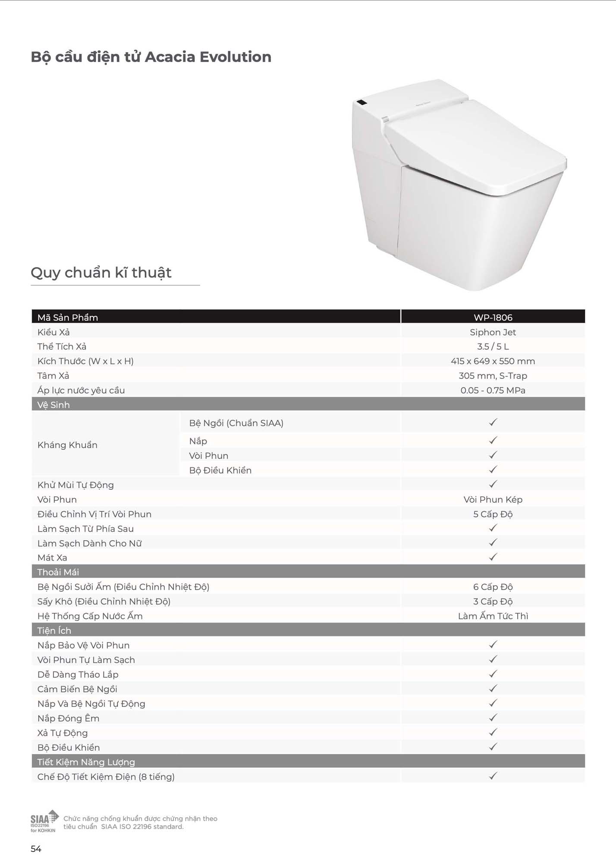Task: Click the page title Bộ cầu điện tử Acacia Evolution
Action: (151, 57)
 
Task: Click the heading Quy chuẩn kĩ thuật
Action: (101, 273)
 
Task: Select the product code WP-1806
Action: (493, 318)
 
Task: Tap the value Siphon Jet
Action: (493, 332)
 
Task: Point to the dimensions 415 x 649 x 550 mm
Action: (493, 361)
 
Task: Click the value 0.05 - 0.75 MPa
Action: (493, 391)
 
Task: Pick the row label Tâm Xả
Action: (53, 376)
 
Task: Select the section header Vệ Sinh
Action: (53, 405)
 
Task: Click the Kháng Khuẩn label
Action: (67, 445)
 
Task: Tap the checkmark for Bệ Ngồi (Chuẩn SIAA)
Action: (493, 422)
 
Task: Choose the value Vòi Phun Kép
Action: (493, 500)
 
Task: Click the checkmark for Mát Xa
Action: (493, 557)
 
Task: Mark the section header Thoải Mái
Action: (58, 572)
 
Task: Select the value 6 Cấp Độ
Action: (493, 587)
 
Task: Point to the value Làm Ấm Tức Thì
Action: (493, 616)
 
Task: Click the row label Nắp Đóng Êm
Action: (68, 718)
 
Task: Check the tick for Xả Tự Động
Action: (493, 732)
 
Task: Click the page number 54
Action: (36, 849)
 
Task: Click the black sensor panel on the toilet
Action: (361, 103)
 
